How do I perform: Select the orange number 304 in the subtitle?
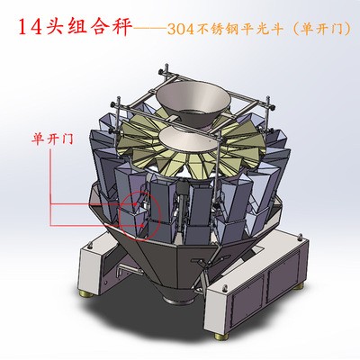[180, 29]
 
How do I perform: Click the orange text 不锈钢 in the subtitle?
[218, 29]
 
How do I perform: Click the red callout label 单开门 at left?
[53, 139]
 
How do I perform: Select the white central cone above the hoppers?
[188, 139]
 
